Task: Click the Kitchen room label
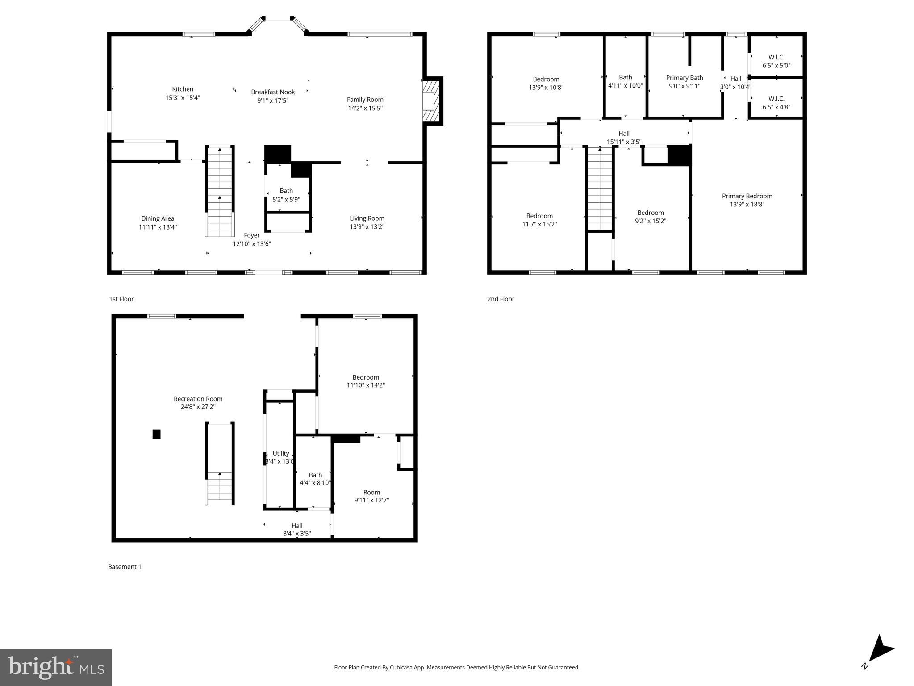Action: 183,89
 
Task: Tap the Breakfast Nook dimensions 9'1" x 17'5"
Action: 272,101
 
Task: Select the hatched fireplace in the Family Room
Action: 431,101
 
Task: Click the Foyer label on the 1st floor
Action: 251,235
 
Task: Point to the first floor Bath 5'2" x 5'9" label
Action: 286,191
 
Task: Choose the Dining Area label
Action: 158,218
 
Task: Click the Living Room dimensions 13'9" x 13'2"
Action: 367,227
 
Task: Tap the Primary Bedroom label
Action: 747,196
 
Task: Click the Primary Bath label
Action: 684,78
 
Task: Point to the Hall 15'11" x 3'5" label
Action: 624,134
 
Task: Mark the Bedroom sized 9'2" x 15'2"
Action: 650,217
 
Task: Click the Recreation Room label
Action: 198,399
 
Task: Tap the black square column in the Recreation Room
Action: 156,434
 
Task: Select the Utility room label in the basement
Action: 280,453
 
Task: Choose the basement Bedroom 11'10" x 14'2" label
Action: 365,377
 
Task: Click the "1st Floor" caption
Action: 121,299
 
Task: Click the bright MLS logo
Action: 56,667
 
